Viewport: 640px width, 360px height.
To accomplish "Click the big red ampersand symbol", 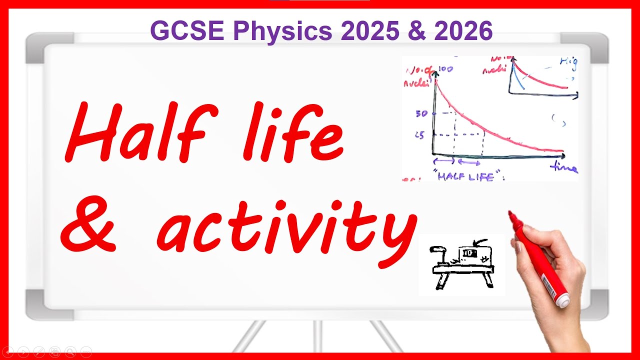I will [90, 227].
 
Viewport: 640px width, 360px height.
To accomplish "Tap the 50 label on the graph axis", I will [421, 113].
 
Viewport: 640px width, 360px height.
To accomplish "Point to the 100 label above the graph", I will [445, 69].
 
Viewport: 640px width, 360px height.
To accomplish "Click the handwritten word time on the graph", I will [563, 168].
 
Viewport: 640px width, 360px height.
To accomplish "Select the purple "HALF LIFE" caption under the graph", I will [465, 176].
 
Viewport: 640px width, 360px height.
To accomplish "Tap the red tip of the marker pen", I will [511, 216].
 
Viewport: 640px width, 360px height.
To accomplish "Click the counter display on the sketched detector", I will [468, 253].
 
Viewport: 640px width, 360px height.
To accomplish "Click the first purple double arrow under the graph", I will [443, 161].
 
